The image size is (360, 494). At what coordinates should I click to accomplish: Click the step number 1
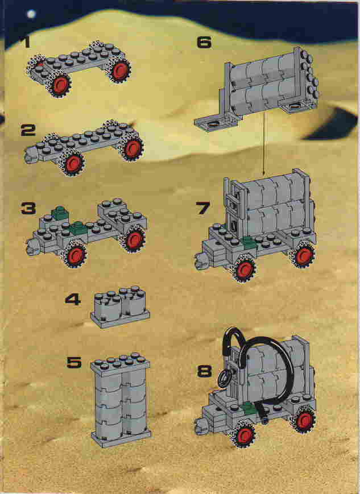pyautogui.click(x=26, y=42)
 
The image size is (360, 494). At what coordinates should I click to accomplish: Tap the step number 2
pyautogui.click(x=28, y=130)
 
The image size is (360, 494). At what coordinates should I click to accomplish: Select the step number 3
pyautogui.click(x=28, y=208)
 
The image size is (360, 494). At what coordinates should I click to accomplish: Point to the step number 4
pyautogui.click(x=73, y=299)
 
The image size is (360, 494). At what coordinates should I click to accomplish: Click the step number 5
pyautogui.click(x=75, y=363)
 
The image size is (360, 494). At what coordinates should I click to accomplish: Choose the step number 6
pyautogui.click(x=204, y=43)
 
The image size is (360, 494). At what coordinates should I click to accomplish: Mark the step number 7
pyautogui.click(x=202, y=207)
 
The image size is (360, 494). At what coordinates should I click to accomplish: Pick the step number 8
pyautogui.click(x=204, y=371)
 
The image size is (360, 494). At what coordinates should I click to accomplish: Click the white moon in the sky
pyautogui.click(x=31, y=14)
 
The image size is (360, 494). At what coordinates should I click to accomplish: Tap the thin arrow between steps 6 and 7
pyautogui.click(x=264, y=143)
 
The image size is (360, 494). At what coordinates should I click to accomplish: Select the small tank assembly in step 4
pyautogui.click(x=120, y=307)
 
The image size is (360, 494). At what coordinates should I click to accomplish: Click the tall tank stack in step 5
pyautogui.click(x=121, y=400)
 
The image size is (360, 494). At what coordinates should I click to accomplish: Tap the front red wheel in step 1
pyautogui.click(x=59, y=85)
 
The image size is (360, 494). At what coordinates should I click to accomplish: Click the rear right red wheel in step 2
pyautogui.click(x=132, y=148)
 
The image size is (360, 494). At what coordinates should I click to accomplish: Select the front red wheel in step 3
pyautogui.click(x=75, y=255)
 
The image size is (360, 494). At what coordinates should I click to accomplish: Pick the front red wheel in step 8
pyautogui.click(x=243, y=435)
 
